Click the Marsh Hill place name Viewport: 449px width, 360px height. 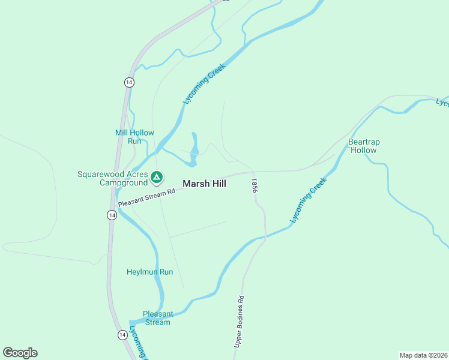(204, 184)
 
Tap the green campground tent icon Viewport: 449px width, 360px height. (156, 177)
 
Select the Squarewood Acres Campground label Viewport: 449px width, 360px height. (113, 178)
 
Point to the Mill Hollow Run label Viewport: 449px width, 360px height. (134, 137)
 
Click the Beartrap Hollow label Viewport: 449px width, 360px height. (364, 146)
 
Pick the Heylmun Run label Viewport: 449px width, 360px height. (149, 272)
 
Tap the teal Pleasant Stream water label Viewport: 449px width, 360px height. (157, 318)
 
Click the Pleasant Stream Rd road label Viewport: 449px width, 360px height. (146, 198)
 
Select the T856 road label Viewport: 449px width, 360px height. (255, 185)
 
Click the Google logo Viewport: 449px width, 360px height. (20, 353)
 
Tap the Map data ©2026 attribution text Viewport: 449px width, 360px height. (423, 355)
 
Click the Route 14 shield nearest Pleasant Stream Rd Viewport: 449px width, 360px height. (112, 215)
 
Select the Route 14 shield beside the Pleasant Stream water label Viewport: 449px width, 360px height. (122, 334)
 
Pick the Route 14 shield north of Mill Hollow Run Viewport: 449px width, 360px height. (129, 82)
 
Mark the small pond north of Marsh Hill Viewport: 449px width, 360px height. (194, 150)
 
